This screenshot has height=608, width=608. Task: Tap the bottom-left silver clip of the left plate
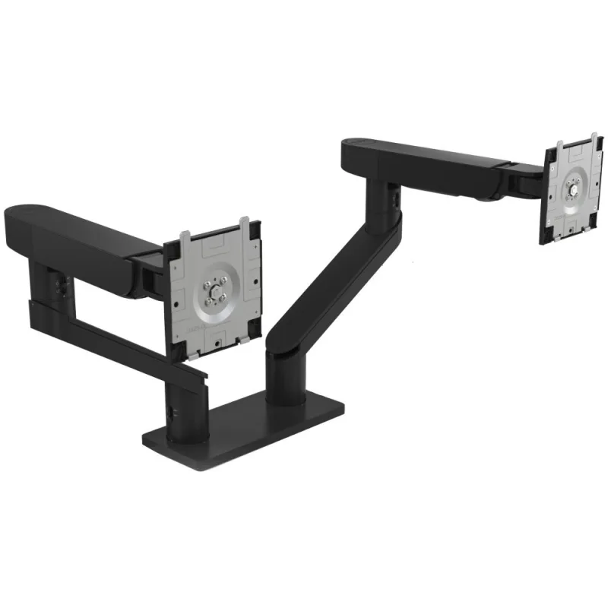tap(195, 354)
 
